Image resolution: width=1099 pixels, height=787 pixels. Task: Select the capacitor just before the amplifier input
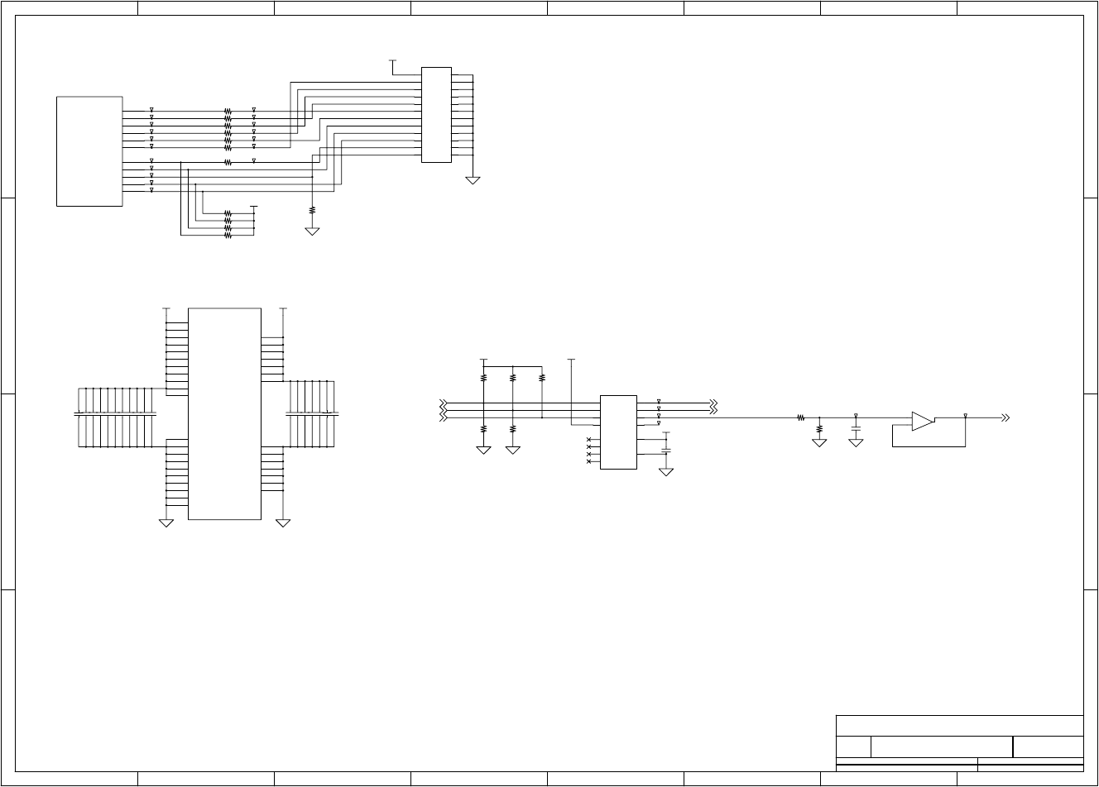[x=856, y=427]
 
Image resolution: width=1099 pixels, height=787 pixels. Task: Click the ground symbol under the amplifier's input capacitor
[x=856, y=443]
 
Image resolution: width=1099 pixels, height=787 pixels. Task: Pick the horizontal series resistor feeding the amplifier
[x=801, y=418]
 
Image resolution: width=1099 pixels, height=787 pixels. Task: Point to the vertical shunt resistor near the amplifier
[x=819, y=429]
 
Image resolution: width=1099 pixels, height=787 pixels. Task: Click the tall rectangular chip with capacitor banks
[x=224, y=413]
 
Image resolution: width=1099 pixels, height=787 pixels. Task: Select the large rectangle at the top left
[x=89, y=151]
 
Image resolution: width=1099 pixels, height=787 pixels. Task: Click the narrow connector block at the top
[x=436, y=115]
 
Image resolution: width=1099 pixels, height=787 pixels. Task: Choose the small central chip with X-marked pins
[x=618, y=432]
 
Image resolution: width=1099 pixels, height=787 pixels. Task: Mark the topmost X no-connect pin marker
[x=588, y=440]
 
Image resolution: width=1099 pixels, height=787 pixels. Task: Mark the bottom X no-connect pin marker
[x=588, y=461]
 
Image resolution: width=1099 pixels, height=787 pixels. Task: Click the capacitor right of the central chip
[x=666, y=451]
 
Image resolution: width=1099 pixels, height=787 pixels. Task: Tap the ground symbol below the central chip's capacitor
[x=666, y=472]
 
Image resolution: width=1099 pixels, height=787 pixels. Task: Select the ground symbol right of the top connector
[x=473, y=179]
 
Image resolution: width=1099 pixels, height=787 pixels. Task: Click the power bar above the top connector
[x=392, y=60]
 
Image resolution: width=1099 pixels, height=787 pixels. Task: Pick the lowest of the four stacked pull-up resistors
[x=228, y=236]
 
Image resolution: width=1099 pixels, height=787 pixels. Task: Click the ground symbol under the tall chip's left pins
[x=166, y=522]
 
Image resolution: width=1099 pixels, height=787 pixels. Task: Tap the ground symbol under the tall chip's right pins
[x=283, y=522]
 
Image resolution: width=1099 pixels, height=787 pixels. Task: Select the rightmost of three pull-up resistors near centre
[x=542, y=378]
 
